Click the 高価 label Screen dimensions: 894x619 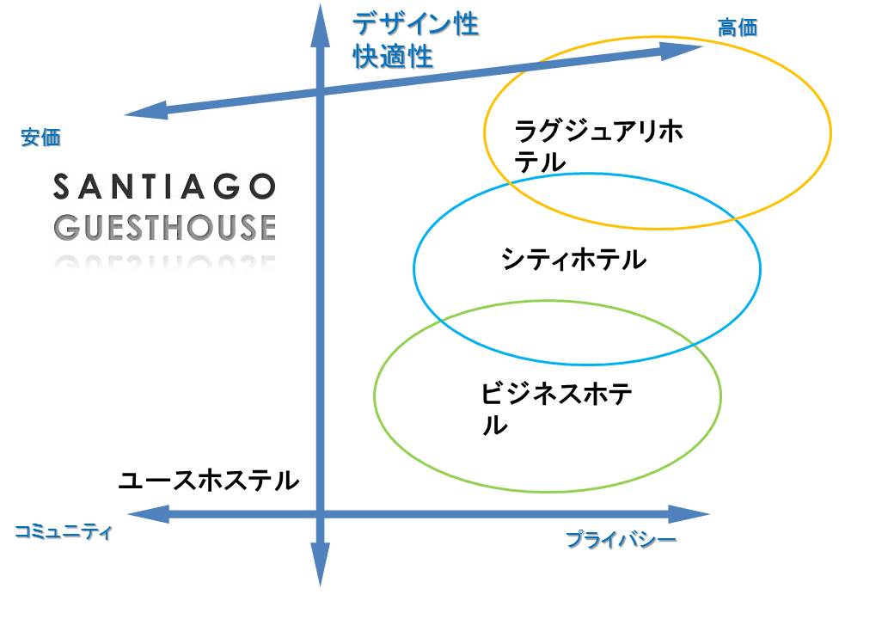click(x=738, y=28)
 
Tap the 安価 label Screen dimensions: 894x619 click(x=40, y=138)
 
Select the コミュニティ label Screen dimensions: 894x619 click(x=64, y=532)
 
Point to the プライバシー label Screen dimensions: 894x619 click(x=621, y=539)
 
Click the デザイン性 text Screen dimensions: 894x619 click(x=416, y=25)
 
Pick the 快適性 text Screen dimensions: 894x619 click(x=393, y=57)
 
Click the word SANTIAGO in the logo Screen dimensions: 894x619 click(x=165, y=187)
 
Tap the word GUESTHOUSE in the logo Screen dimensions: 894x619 click(x=165, y=227)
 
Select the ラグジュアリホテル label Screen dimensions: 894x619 click(x=598, y=146)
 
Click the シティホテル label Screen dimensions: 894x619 click(x=573, y=260)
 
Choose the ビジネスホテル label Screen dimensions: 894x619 click(x=556, y=409)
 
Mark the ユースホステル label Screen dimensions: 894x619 click(x=209, y=481)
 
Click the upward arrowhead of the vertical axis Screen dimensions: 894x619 click(x=320, y=26)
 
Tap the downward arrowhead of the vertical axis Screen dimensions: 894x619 click(x=320, y=564)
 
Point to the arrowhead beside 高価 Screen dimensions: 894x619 click(x=682, y=50)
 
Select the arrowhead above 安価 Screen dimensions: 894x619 click(x=146, y=111)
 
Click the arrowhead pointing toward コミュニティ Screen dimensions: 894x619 click(x=148, y=514)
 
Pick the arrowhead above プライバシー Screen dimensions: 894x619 click(x=689, y=514)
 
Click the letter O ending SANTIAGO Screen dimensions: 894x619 click(x=263, y=187)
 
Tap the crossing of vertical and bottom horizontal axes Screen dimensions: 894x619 click(x=320, y=514)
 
